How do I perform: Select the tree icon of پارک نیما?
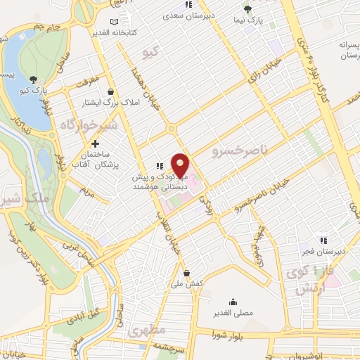pyautogui.click(x=247, y=9)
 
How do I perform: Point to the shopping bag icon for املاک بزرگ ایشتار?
pyautogui.click(x=110, y=91)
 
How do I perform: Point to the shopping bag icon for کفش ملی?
pyautogui.click(x=186, y=274)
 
